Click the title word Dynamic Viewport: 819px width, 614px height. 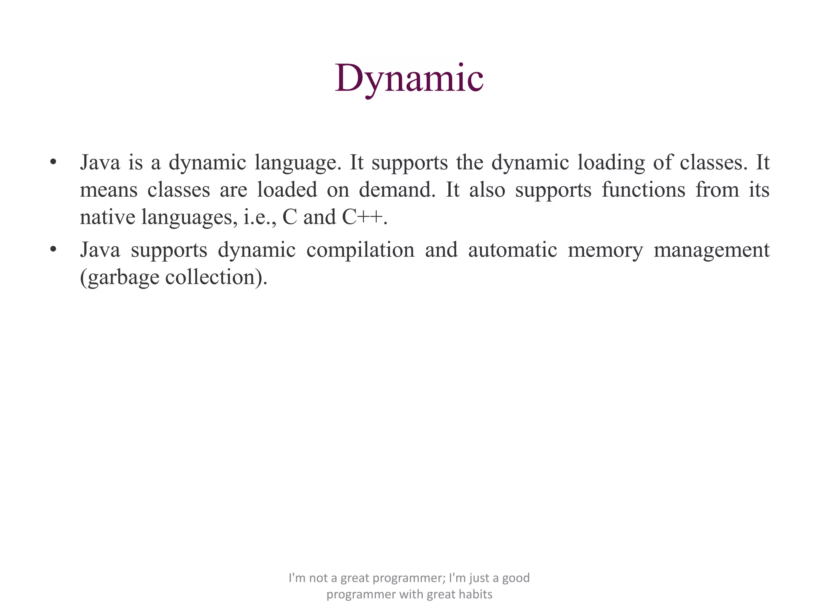409,78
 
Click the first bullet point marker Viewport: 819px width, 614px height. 53,162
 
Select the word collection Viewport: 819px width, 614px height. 210,277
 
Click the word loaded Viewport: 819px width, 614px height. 287,190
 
